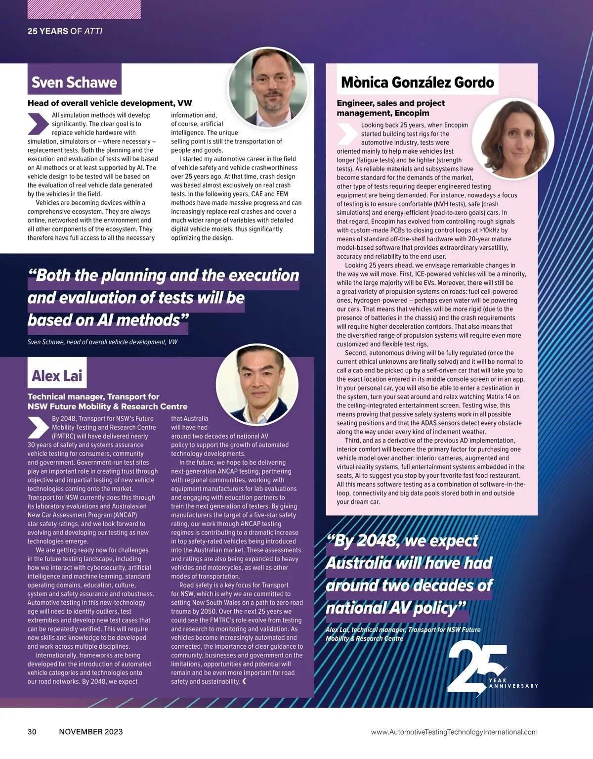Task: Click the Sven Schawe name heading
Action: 74,82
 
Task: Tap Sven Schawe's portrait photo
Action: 267,88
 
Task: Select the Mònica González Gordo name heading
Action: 417,82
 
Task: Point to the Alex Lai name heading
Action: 57,376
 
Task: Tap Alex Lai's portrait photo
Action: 257,384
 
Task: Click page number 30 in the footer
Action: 32,732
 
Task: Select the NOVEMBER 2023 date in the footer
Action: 91,732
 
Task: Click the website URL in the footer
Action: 454,732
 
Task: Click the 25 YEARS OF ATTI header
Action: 65,31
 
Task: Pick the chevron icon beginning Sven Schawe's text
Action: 38,124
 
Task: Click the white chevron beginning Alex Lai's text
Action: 38,428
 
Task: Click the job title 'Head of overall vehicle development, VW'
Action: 110,103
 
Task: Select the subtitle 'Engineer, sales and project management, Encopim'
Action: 390,108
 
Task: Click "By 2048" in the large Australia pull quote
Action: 363,540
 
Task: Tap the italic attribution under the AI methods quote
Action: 102,342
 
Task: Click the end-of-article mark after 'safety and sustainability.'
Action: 244,681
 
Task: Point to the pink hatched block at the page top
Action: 84,9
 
